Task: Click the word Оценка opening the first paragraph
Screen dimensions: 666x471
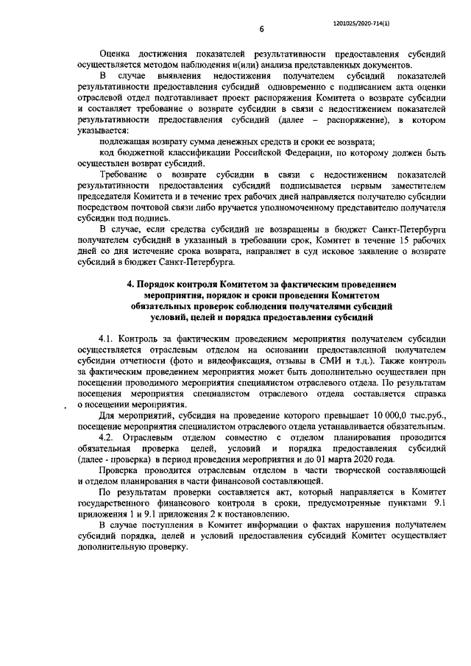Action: pyautogui.click(x=118, y=54)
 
